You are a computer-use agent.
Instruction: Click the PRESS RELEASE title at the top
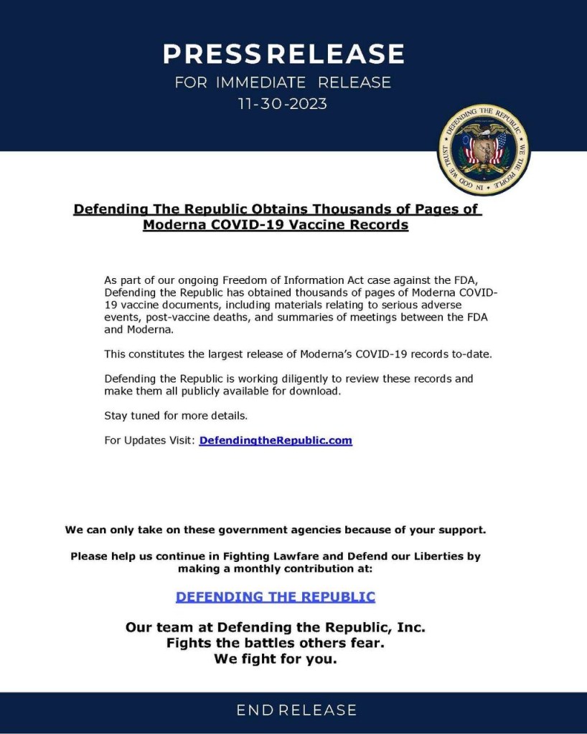click(x=283, y=54)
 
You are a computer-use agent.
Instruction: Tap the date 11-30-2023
click(x=283, y=104)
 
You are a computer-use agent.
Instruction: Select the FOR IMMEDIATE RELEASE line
click(x=283, y=82)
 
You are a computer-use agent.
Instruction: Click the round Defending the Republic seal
click(x=484, y=148)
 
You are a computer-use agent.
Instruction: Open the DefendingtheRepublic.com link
click(x=276, y=440)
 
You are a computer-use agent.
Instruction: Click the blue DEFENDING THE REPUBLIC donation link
click(x=276, y=596)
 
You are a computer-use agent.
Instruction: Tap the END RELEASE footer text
click(x=296, y=710)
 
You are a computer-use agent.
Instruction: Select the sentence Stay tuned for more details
click(x=176, y=416)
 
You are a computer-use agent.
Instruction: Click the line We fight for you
click(x=276, y=659)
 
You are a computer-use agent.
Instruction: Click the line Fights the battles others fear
click(x=276, y=643)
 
